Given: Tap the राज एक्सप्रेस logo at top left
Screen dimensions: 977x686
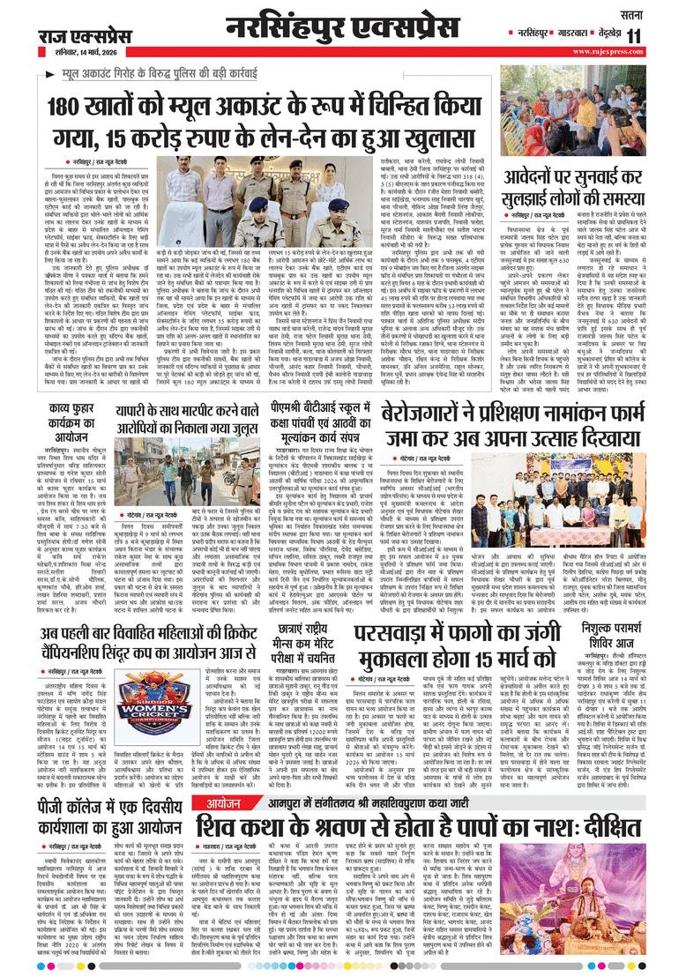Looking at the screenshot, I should (x=83, y=35).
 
